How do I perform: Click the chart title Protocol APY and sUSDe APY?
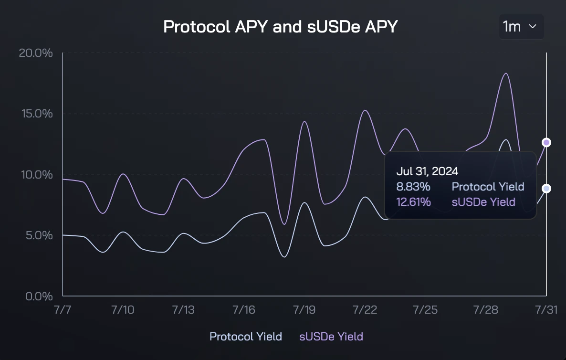pyautogui.click(x=280, y=27)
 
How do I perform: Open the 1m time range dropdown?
pyautogui.click(x=521, y=27)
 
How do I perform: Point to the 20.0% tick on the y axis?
pyautogui.click(x=35, y=53)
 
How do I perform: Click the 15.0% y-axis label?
pyautogui.click(x=35, y=114)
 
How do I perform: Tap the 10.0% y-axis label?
pyautogui.click(x=35, y=174)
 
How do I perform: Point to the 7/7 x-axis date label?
pyautogui.click(x=63, y=309)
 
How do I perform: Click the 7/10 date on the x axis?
pyautogui.click(x=123, y=309)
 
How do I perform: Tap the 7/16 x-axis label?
pyautogui.click(x=244, y=309)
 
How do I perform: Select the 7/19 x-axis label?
pyautogui.click(x=304, y=309)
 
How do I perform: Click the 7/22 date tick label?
pyautogui.click(x=365, y=309)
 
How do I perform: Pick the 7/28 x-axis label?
pyautogui.click(x=486, y=309)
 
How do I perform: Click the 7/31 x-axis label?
pyautogui.click(x=546, y=309)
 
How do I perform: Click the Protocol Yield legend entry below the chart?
pyautogui.click(x=246, y=337)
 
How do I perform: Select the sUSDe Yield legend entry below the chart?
pyautogui.click(x=331, y=337)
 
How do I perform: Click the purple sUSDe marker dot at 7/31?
pyautogui.click(x=546, y=142)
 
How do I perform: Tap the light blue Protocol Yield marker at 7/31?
pyautogui.click(x=546, y=189)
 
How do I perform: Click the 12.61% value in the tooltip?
pyautogui.click(x=413, y=202)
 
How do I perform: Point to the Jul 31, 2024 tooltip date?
pyautogui.click(x=427, y=171)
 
